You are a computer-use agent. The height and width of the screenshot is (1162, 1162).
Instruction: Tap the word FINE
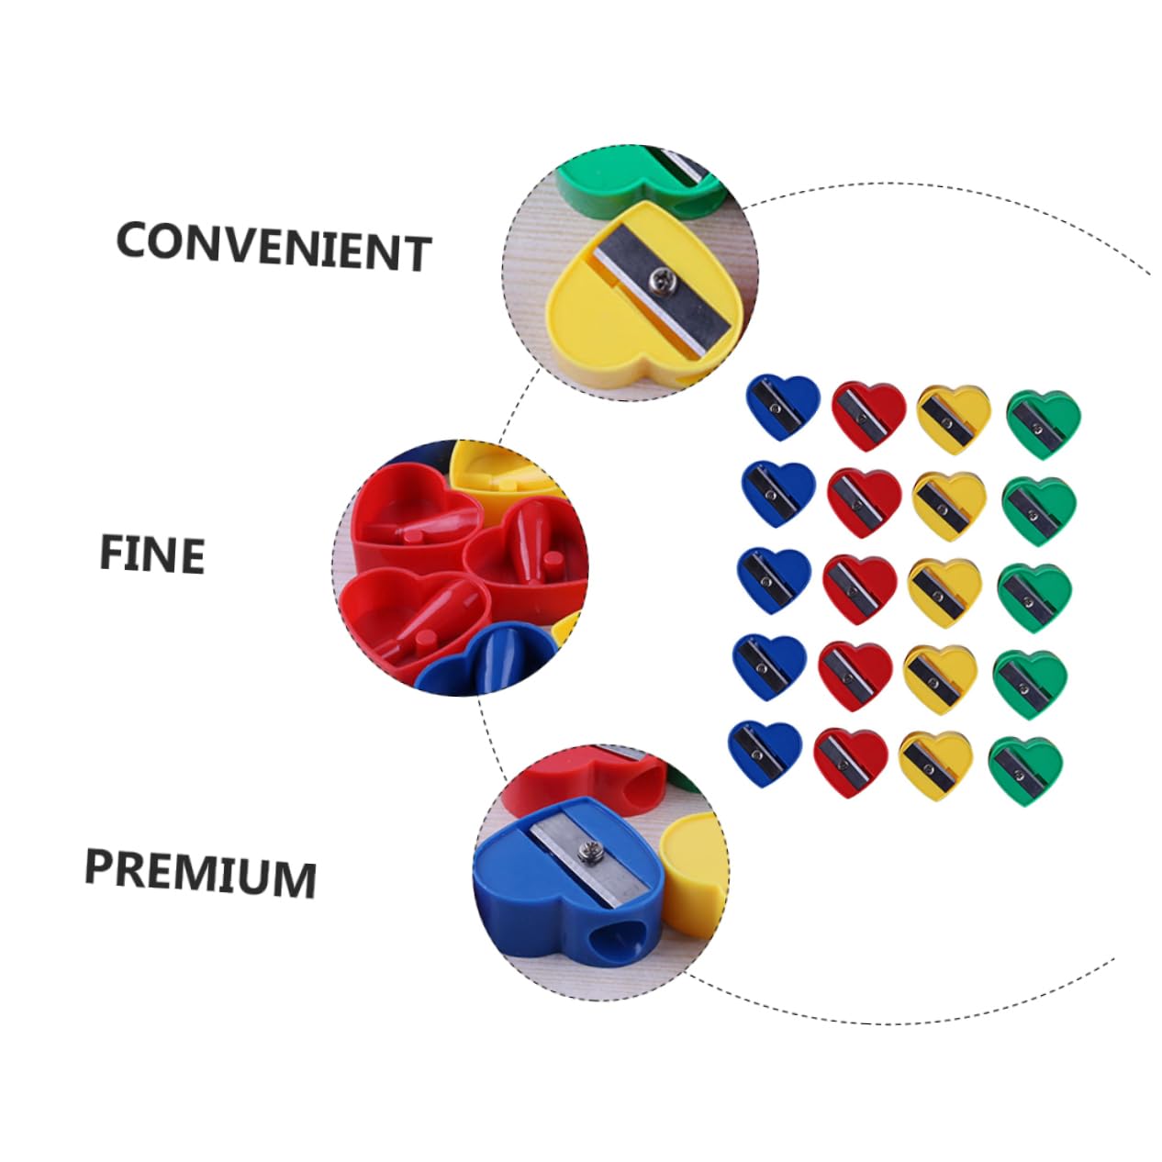pyautogui.click(x=151, y=554)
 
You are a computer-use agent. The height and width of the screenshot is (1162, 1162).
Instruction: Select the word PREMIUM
pyautogui.click(x=200, y=873)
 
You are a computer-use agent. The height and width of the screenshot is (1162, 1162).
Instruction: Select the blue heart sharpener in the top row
pyautogui.click(x=781, y=406)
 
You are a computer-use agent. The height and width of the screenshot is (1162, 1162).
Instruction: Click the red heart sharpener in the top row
pyautogui.click(x=867, y=414)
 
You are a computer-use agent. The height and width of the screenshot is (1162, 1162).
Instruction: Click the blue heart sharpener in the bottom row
pyautogui.click(x=764, y=751)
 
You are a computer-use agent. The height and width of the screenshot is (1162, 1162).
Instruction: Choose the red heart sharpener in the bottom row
pyautogui.click(x=848, y=760)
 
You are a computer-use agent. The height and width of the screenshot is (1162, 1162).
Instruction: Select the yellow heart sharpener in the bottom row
pyautogui.click(x=935, y=763)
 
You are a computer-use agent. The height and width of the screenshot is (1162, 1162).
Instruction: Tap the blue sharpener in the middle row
pyautogui.click(x=773, y=580)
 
